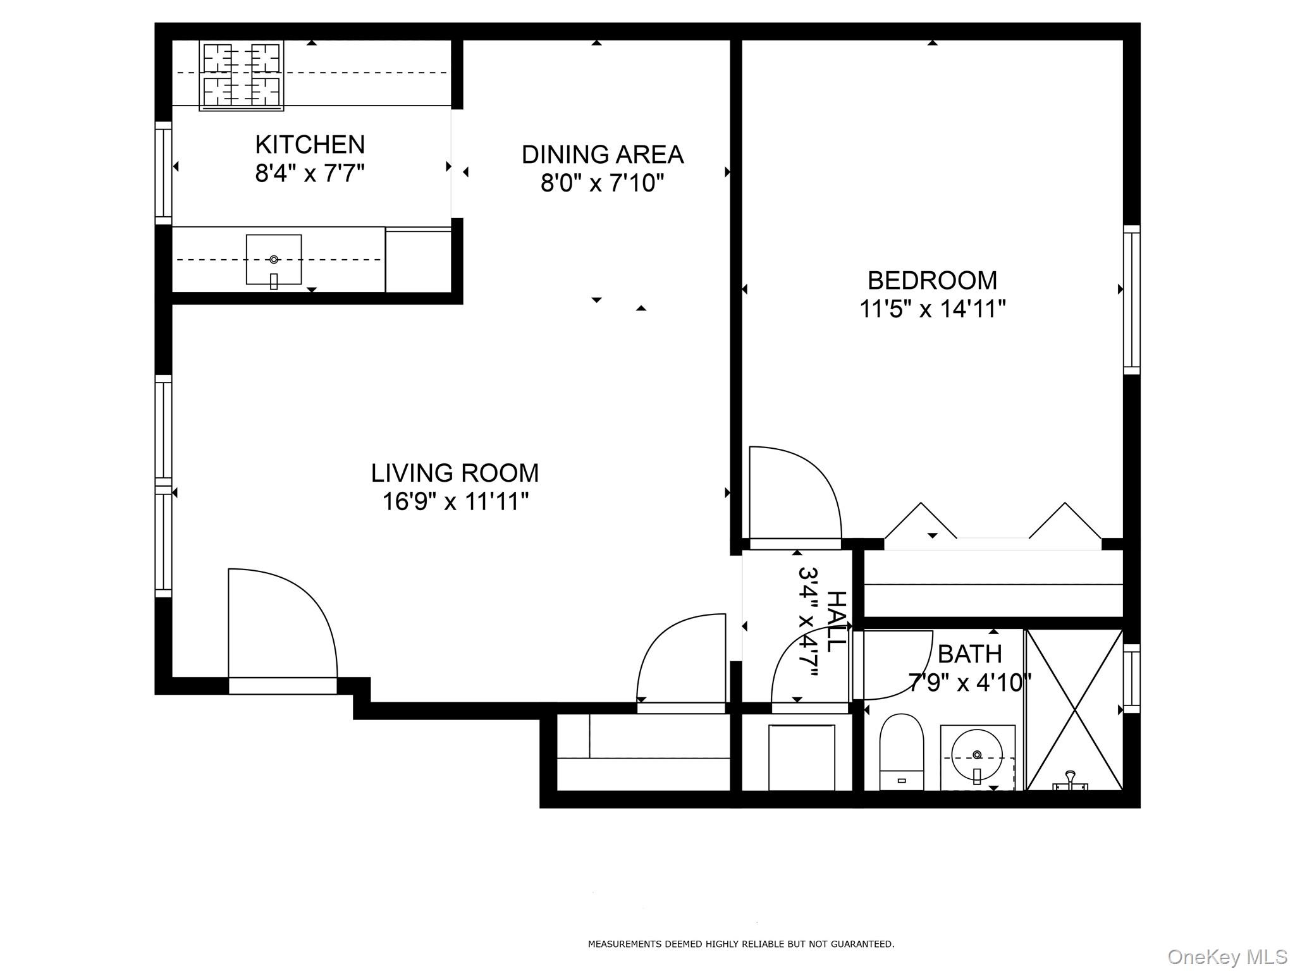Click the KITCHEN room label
coord(310,145)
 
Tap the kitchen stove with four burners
coord(242,75)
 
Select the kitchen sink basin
coord(274,260)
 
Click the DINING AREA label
coord(602,155)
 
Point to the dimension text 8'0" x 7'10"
coord(602,183)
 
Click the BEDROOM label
coord(932,281)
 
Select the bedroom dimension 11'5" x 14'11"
coord(932,309)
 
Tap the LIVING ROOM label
coord(455,473)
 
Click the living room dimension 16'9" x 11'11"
coord(455,502)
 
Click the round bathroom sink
coord(977,755)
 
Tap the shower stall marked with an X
coord(1074,709)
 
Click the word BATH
coord(969,654)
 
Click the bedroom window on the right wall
coord(1131,300)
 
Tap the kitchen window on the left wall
coord(163,173)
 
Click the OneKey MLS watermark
coord(1227,956)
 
